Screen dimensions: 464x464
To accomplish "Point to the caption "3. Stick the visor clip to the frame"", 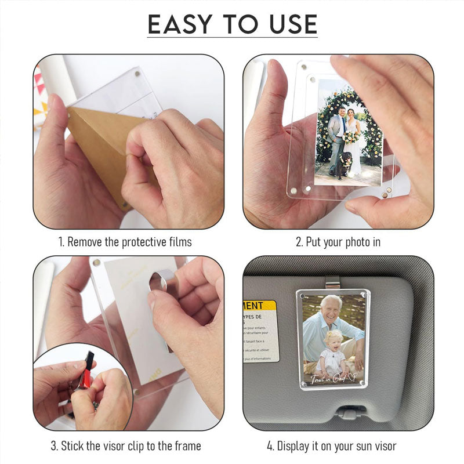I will (x=126, y=446).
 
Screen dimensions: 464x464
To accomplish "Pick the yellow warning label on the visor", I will (x=260, y=305).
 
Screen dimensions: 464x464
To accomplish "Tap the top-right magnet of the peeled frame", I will (x=137, y=74).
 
